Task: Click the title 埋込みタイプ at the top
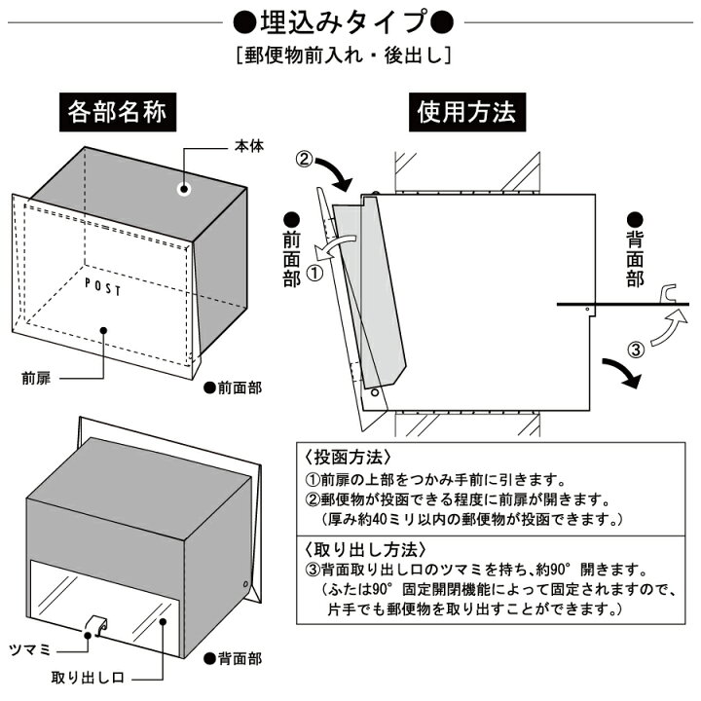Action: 350,21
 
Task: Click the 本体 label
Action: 247,146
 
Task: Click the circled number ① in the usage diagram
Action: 314,273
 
